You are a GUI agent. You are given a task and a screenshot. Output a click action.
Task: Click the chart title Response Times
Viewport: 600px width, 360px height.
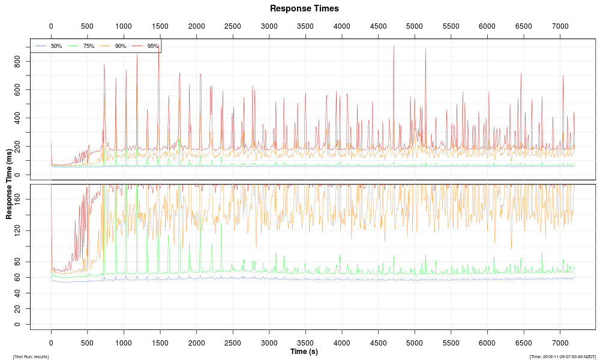tap(304, 8)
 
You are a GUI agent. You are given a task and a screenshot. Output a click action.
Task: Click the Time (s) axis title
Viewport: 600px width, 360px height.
tap(304, 352)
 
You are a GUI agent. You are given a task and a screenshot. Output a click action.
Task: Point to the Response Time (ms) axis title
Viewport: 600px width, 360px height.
tap(10, 184)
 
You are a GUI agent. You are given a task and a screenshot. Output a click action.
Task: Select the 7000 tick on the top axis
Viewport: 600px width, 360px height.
tap(560, 26)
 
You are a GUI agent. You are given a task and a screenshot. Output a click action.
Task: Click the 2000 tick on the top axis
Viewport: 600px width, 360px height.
tap(196, 26)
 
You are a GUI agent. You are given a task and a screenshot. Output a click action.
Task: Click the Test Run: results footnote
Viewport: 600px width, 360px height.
tap(31, 357)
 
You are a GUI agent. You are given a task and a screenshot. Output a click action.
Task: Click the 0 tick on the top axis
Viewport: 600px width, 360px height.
tap(51, 26)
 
